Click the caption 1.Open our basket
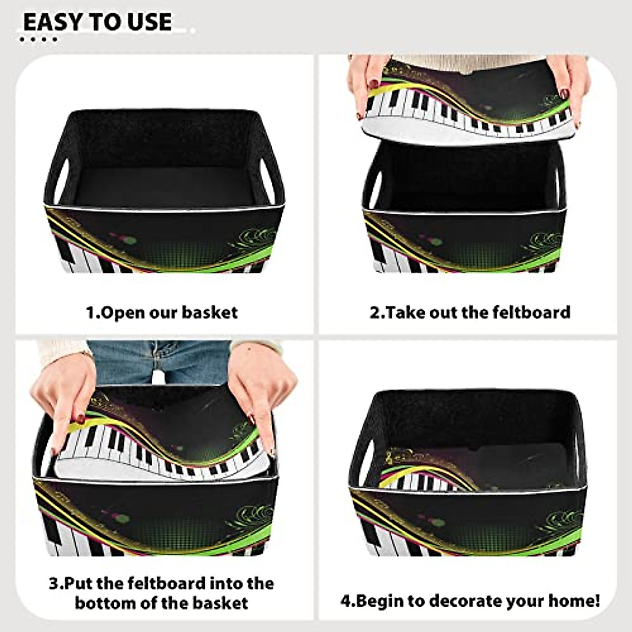coord(162,312)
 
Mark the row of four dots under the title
coord(38,39)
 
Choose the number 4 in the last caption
coord(345,600)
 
